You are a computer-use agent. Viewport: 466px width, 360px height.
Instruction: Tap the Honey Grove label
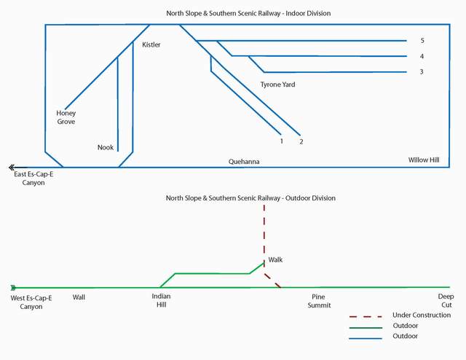pyautogui.click(x=66, y=117)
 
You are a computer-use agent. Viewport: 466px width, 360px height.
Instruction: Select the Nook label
pyautogui.click(x=106, y=147)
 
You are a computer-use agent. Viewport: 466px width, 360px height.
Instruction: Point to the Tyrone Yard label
pyautogui.click(x=277, y=85)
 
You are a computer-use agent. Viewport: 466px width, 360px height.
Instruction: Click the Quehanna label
pyautogui.click(x=244, y=161)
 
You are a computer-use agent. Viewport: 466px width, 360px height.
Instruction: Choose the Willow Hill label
pyautogui.click(x=423, y=160)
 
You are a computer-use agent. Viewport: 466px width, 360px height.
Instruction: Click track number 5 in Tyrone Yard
pyautogui.click(x=422, y=40)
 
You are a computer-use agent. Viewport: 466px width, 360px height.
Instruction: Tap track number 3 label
pyautogui.click(x=421, y=71)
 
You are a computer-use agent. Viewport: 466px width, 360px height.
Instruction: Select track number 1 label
pyautogui.click(x=281, y=141)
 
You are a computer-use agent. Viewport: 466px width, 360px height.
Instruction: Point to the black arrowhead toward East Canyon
pyautogui.click(x=11, y=167)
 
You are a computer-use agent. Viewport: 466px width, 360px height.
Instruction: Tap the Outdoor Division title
pyautogui.click(x=250, y=197)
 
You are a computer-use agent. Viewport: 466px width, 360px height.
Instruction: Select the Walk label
pyautogui.click(x=275, y=259)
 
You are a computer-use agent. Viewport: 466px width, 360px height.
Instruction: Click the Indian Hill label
pyautogui.click(x=161, y=301)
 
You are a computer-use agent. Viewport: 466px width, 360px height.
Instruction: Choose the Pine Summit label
pyautogui.click(x=319, y=301)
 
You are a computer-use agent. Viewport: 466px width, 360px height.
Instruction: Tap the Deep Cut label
pyautogui.click(x=446, y=301)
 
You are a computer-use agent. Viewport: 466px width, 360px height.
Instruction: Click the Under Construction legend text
pyautogui.click(x=422, y=315)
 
